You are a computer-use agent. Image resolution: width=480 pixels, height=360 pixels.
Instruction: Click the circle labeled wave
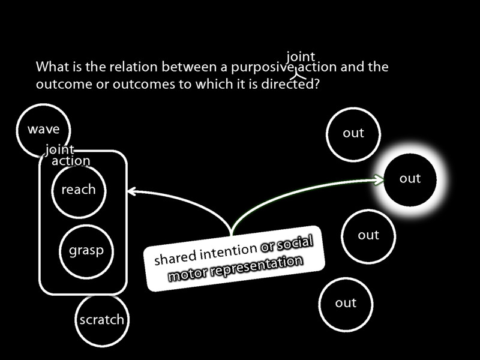click(x=43, y=129)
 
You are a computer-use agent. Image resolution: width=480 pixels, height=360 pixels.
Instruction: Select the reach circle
click(x=78, y=190)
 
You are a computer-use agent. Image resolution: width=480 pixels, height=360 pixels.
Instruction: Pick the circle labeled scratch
click(x=101, y=320)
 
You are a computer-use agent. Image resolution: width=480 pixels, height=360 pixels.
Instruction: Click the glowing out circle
click(x=410, y=179)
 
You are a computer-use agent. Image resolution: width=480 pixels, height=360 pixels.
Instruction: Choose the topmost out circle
click(x=353, y=134)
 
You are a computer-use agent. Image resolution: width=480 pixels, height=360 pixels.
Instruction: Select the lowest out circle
click(x=346, y=303)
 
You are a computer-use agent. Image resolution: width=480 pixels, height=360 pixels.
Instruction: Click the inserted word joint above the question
click(x=301, y=57)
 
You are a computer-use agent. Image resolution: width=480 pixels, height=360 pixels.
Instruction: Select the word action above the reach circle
click(x=71, y=161)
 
